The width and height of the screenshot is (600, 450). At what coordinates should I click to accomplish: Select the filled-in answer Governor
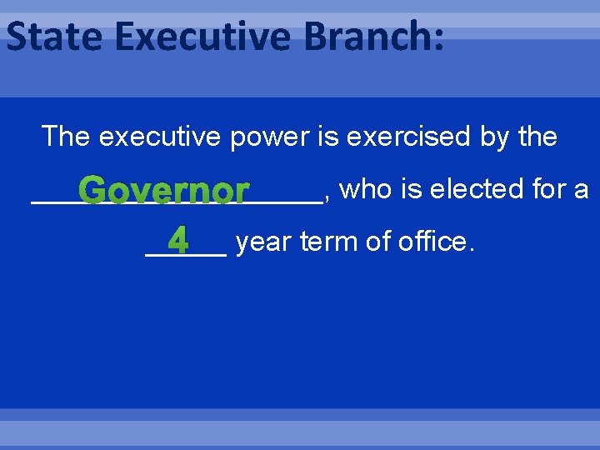[x=166, y=192]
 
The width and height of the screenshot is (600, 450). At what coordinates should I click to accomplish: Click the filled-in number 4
[x=178, y=242]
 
